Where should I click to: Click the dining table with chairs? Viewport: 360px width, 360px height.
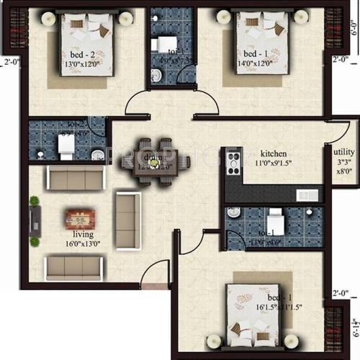tap(155, 162)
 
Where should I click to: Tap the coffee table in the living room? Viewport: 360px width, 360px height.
tap(78, 217)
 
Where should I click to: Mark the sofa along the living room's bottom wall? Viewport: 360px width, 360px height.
tap(72, 268)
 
